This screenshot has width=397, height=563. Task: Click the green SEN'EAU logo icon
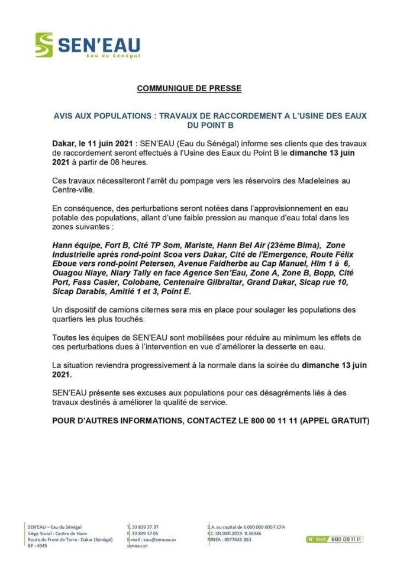pyautogui.click(x=44, y=45)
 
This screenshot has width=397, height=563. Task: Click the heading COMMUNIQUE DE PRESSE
pyautogui.click(x=189, y=88)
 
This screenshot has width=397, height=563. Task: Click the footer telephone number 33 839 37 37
pyautogui.click(x=145, y=526)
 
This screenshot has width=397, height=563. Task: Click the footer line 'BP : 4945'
pyautogui.click(x=40, y=546)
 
